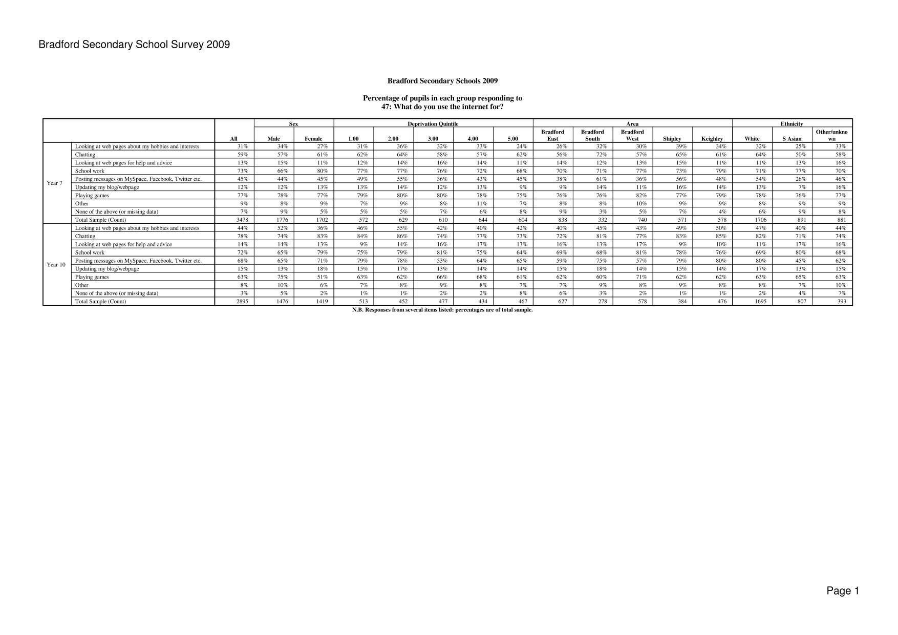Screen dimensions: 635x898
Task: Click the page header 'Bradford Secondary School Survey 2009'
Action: point(134,45)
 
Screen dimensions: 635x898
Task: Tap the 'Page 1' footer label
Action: point(842,591)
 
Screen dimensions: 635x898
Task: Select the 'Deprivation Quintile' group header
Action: point(433,124)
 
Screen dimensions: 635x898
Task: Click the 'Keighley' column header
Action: point(712,139)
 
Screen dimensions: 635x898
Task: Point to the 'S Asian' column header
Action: point(792,139)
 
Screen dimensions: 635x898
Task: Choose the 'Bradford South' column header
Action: point(592,135)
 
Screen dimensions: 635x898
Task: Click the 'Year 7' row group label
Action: point(54,183)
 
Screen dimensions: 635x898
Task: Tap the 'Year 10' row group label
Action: point(56,265)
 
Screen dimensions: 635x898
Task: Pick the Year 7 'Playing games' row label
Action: point(92,196)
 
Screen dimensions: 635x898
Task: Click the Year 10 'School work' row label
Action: point(90,252)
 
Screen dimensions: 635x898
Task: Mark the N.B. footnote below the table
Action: point(442,310)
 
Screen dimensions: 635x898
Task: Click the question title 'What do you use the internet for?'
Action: point(442,107)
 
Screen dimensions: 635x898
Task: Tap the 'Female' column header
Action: point(313,139)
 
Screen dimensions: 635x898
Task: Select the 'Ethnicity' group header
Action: point(792,124)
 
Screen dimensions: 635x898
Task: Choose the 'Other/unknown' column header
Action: point(831,135)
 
